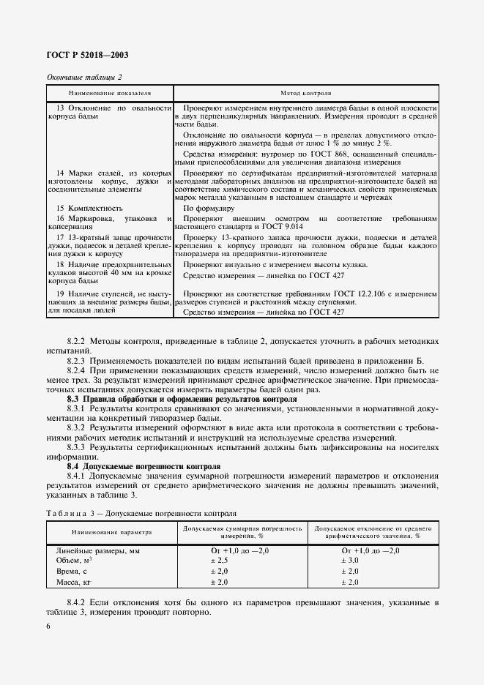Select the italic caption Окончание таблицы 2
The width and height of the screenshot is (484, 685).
83,78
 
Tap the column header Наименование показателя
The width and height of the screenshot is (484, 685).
110,94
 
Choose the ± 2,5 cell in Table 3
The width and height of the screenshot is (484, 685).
220,560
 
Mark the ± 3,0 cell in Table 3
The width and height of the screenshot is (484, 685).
350,560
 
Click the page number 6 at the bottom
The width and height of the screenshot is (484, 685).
48,626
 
